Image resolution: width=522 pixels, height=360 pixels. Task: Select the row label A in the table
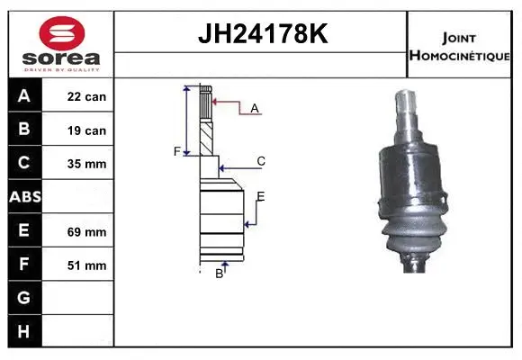23,96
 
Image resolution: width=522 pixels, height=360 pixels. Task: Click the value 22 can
86,96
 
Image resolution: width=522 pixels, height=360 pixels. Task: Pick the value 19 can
86,130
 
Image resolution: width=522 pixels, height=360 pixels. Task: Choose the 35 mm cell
86,164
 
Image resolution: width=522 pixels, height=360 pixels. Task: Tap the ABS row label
24,197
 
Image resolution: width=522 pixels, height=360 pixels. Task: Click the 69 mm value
86,231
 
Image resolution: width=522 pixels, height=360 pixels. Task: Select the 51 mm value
86,265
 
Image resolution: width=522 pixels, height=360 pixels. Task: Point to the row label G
23,298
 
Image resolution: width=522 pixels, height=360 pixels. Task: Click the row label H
23,331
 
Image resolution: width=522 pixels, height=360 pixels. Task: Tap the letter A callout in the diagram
255,108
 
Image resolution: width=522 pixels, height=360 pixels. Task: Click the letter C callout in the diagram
261,161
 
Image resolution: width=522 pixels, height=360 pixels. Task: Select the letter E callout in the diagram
261,196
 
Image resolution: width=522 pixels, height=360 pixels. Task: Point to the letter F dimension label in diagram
177,151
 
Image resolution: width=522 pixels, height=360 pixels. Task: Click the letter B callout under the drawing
219,274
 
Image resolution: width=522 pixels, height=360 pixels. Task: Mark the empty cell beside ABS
86,197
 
